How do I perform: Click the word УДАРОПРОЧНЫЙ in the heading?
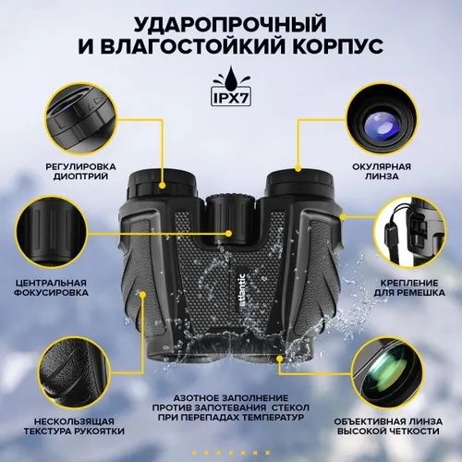click(x=231, y=21)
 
